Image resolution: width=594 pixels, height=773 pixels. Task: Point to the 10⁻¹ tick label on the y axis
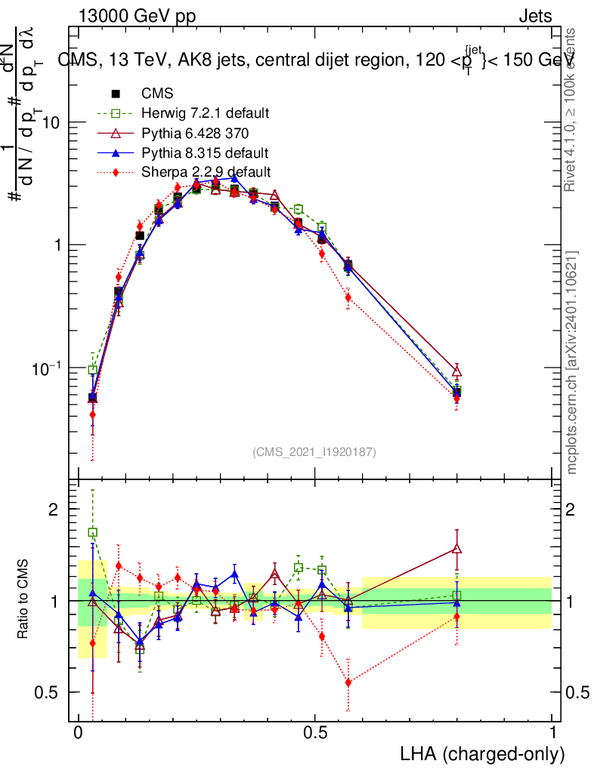tap(47, 368)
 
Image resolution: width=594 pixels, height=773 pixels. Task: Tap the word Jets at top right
tap(534, 16)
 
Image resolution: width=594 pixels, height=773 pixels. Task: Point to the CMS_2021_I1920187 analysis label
tap(314, 452)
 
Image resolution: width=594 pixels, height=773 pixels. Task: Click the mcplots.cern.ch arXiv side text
tap(573, 362)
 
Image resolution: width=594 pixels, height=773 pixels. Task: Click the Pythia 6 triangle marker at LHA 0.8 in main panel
tap(456, 371)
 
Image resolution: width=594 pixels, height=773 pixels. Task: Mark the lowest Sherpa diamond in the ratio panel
tap(348, 682)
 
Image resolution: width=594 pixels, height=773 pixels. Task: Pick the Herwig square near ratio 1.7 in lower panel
tap(93, 532)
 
